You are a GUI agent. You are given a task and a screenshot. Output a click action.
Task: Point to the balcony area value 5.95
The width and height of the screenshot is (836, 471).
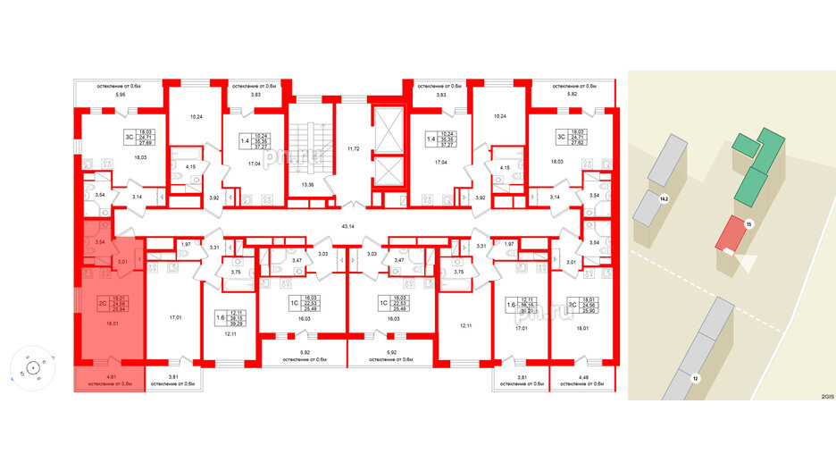click(x=106, y=95)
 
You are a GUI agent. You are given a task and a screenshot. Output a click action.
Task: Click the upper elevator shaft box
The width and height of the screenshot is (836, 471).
click(x=386, y=125)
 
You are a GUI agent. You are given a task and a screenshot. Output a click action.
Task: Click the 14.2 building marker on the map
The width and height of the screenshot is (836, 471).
click(x=663, y=199)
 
